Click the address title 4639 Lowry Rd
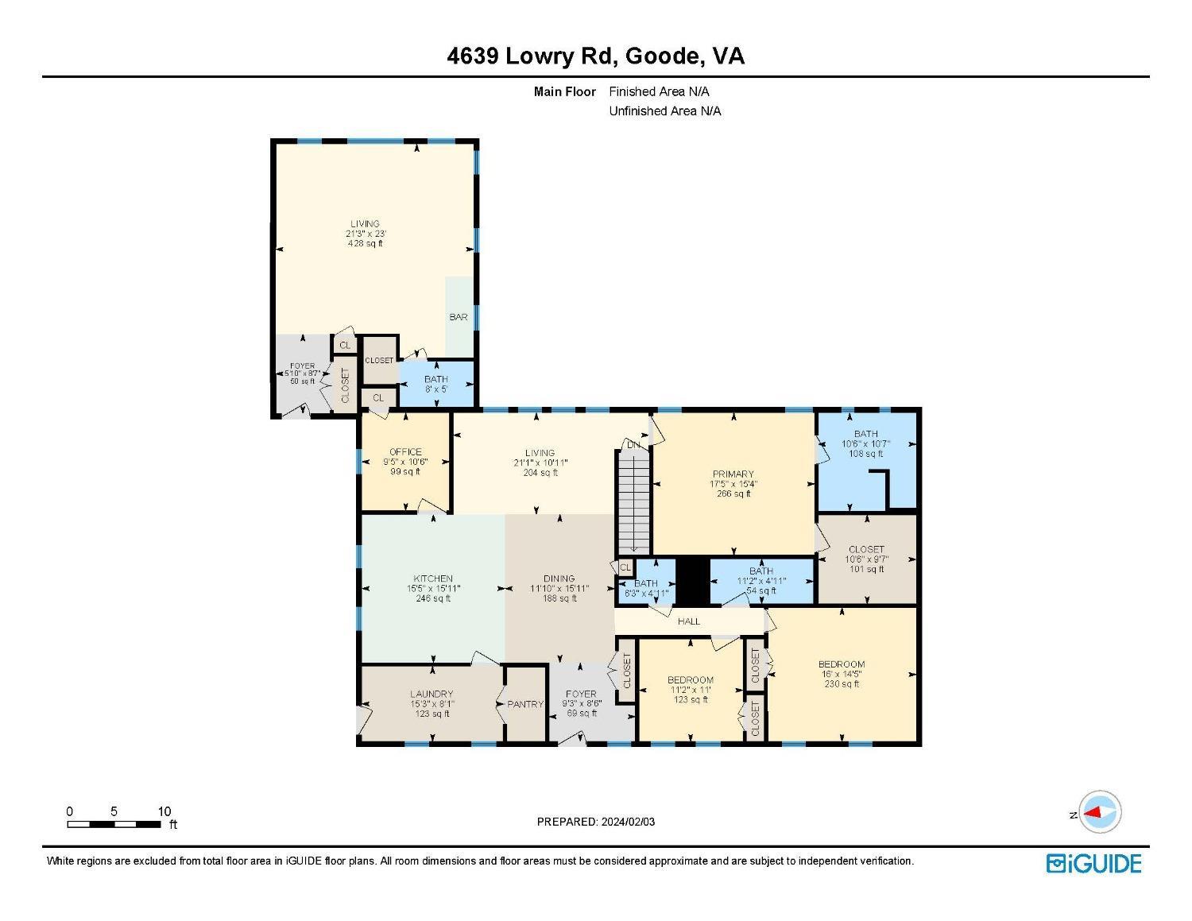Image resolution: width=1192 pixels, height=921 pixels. pos(595,56)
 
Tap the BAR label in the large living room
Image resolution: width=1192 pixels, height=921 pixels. pos(459,317)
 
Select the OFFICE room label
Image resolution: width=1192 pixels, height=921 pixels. pos(405,452)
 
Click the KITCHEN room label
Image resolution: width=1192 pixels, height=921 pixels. pos(433,579)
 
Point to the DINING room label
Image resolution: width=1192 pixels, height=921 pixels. pos(559,579)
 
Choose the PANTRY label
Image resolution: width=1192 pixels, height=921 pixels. pos(525,704)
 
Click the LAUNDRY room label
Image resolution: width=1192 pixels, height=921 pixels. pos(432,694)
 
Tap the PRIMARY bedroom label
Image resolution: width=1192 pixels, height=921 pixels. pos(733,474)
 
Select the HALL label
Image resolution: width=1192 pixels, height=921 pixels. pos(689,621)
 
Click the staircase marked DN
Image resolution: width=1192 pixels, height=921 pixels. pos(634,501)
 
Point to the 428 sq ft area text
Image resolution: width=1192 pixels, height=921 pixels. pos(366,244)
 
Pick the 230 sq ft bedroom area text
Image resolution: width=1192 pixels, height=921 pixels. pos(842,684)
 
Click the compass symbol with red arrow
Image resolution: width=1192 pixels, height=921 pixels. pos(1101,812)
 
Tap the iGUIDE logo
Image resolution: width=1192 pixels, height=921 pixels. pos(1094,864)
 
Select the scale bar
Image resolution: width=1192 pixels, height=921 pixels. pos(114,824)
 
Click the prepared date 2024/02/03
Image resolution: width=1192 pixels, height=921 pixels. pos(596,822)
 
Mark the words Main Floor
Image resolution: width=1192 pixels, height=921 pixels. pos(564,91)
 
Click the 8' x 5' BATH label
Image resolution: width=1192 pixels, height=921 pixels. pos(435,385)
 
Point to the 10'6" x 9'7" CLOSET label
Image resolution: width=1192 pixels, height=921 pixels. pos(866,559)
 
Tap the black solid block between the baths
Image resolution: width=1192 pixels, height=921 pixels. pos(692,582)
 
